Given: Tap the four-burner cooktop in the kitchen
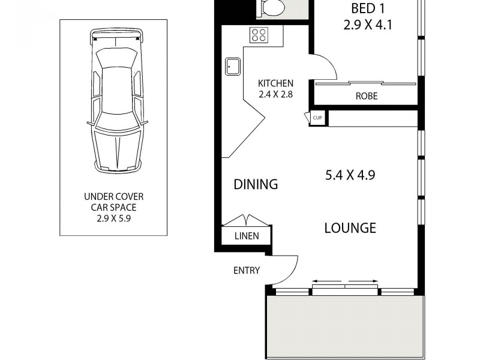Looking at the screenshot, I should tap(260, 35).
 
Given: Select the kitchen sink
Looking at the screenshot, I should tap(232, 66).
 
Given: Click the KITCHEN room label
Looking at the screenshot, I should tap(275, 83).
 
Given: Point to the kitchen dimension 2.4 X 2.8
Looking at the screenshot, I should tap(275, 94).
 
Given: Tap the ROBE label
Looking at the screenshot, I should tap(366, 96).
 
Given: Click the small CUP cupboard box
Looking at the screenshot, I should tap(317, 118).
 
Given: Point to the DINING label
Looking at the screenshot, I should tap(256, 184).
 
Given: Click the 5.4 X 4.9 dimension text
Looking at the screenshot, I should tap(354, 175).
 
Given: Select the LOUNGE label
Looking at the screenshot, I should tap(350, 228).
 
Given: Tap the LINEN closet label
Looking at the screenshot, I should tap(247, 236).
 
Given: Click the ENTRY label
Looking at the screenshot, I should tap(247, 271).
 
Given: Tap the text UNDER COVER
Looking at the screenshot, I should tap(113, 197).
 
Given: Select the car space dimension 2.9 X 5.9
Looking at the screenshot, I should tap(113, 218).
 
